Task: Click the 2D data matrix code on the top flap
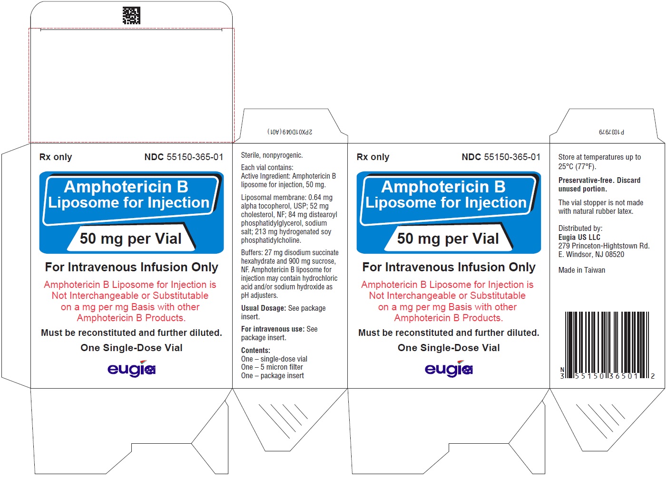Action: (x=131, y=16)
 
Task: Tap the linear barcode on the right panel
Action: (x=607, y=345)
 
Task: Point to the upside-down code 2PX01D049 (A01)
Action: (x=290, y=132)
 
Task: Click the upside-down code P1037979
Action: (x=611, y=132)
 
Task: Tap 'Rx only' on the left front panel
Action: (x=56, y=157)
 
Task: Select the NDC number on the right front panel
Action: (x=501, y=157)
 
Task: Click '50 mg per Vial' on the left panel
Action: (x=131, y=238)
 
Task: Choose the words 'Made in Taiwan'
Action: (x=582, y=270)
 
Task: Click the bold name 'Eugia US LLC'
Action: (x=579, y=237)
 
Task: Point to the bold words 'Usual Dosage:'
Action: (x=263, y=308)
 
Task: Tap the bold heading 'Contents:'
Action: (x=255, y=350)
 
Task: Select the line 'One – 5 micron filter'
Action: (x=272, y=367)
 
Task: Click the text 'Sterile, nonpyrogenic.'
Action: (x=272, y=155)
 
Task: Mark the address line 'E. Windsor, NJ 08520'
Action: (x=591, y=254)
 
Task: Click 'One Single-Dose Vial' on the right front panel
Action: (x=449, y=347)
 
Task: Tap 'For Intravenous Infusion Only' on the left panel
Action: (x=131, y=267)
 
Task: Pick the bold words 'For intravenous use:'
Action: (x=273, y=329)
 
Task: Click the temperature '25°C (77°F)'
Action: (x=577, y=166)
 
